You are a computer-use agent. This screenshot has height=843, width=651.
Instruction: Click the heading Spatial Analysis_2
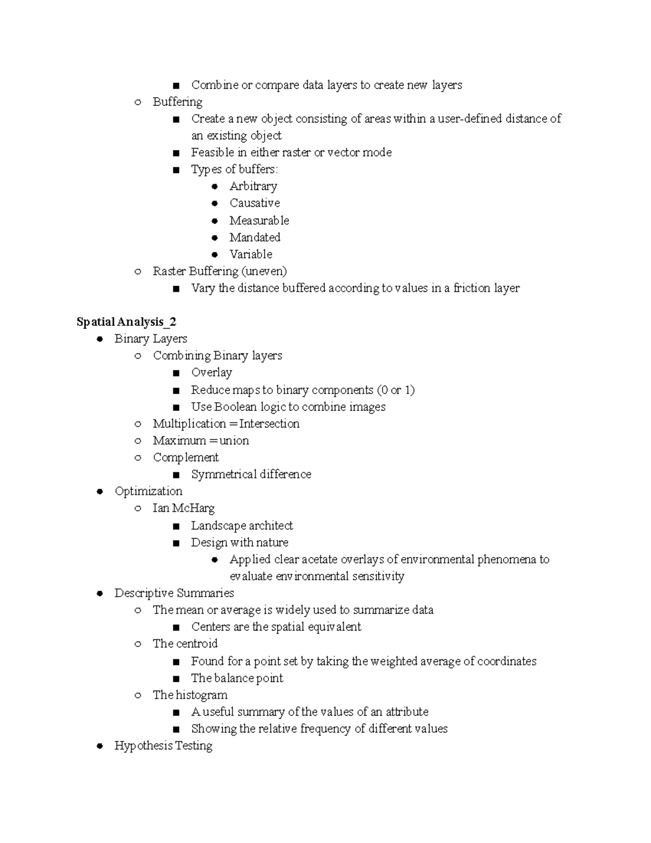pyautogui.click(x=126, y=322)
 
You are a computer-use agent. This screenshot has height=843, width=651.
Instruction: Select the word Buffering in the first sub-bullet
pyautogui.click(x=177, y=102)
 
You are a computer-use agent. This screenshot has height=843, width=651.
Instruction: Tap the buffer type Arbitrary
pyautogui.click(x=253, y=186)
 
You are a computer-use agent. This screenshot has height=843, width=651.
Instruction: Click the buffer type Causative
pyautogui.click(x=254, y=203)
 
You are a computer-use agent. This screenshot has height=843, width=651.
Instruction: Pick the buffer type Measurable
pyautogui.click(x=259, y=220)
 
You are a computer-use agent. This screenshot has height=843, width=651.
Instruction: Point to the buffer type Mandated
pyautogui.click(x=254, y=237)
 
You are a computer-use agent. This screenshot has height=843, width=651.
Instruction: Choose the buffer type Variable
pyautogui.click(x=251, y=254)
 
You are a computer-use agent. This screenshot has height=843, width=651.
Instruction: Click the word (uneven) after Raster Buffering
pyautogui.click(x=264, y=271)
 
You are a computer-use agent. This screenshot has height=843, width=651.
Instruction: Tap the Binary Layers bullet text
pyautogui.click(x=151, y=339)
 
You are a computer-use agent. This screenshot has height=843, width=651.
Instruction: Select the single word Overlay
pyautogui.click(x=212, y=372)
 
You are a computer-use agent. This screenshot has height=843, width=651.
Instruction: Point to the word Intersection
pyautogui.click(x=269, y=423)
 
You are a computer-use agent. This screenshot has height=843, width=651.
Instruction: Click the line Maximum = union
pyautogui.click(x=201, y=440)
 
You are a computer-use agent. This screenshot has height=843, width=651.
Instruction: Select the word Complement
pyautogui.click(x=186, y=457)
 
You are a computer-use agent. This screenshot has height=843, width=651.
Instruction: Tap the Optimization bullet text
pyautogui.click(x=148, y=491)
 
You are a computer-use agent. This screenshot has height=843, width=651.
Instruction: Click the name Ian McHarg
pyautogui.click(x=183, y=508)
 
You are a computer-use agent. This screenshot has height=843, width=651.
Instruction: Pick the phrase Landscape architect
pyautogui.click(x=241, y=525)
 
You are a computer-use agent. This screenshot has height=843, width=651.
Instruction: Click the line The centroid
pyautogui.click(x=185, y=644)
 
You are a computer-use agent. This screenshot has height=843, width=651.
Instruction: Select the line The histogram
pyautogui.click(x=190, y=695)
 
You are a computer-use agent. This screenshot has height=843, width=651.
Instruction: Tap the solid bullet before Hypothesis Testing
pyautogui.click(x=100, y=746)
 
